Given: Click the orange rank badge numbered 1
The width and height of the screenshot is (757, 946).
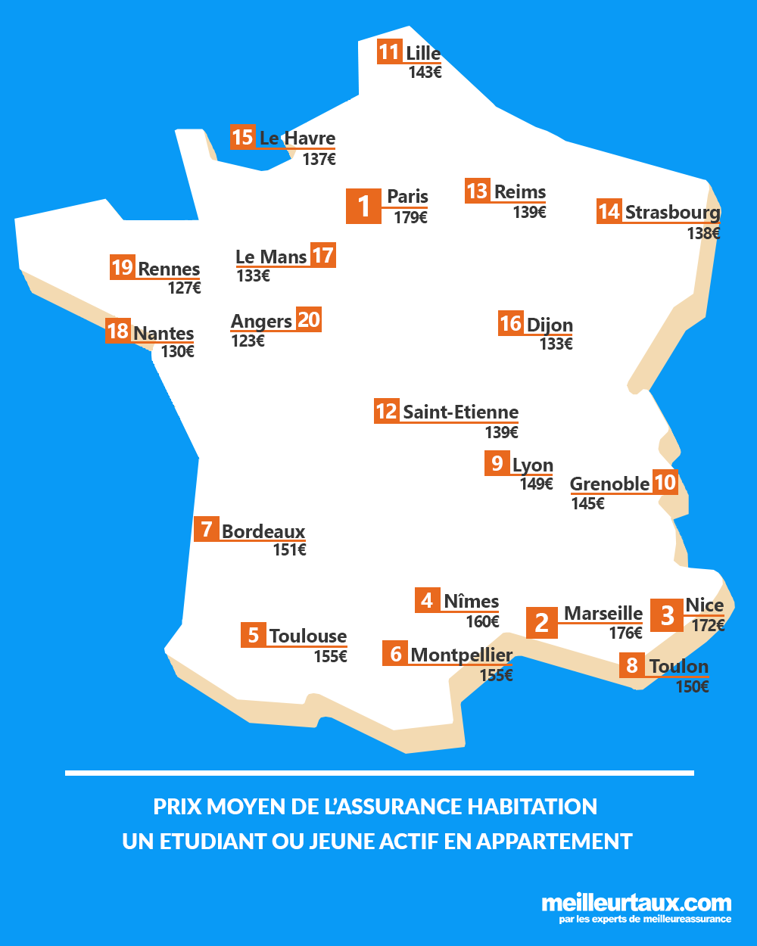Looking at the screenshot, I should [x=363, y=206].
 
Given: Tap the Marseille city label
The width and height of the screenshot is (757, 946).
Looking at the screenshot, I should [x=603, y=613].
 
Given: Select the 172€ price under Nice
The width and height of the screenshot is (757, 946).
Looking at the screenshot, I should [x=708, y=626].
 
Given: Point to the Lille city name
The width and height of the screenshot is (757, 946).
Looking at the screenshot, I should [x=423, y=53].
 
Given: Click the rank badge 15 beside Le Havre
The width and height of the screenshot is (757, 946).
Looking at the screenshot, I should [x=242, y=137].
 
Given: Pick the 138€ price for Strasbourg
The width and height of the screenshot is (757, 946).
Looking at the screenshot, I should [x=703, y=233].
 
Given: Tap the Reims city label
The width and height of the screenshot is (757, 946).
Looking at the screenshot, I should [x=520, y=191].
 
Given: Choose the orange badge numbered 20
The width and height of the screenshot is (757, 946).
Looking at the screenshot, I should [x=309, y=319].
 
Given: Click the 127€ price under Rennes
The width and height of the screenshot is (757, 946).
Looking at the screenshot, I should [x=184, y=288].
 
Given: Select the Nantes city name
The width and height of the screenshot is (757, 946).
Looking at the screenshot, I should [x=164, y=333].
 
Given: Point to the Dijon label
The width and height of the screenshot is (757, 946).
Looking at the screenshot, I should [x=550, y=325].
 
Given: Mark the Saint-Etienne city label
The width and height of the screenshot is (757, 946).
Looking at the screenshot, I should [x=460, y=412].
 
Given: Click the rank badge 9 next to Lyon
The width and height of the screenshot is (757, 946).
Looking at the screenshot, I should [x=497, y=463].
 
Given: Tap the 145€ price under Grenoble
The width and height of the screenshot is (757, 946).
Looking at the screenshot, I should [x=587, y=503].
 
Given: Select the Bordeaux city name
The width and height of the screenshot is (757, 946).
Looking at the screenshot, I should [x=263, y=531].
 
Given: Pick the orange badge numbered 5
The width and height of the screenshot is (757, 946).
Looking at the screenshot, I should [x=254, y=635].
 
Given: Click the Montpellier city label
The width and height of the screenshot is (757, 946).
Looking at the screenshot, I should [x=462, y=655].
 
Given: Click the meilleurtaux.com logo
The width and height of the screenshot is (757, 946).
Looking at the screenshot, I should [x=636, y=904].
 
